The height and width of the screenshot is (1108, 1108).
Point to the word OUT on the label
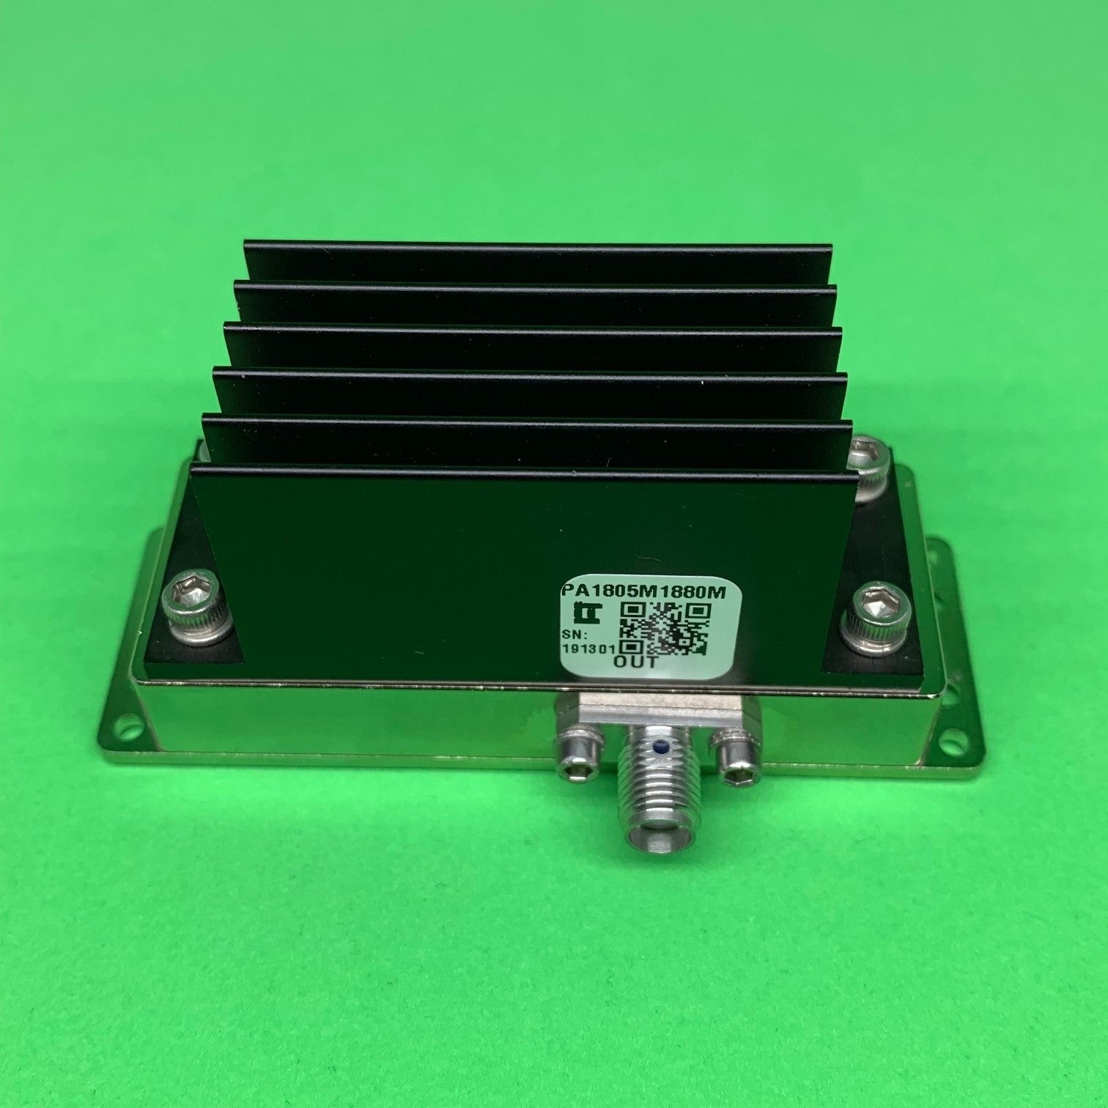click(636, 662)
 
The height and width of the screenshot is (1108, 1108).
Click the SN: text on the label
click(576, 632)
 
